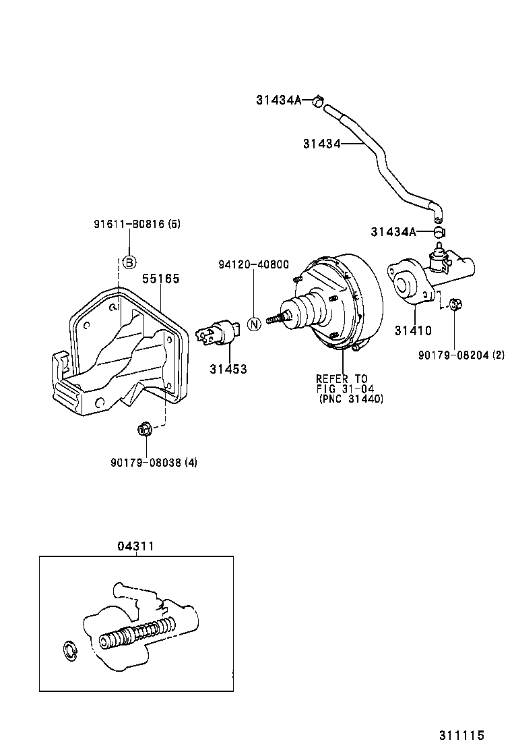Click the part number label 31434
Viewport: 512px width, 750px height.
(x=321, y=143)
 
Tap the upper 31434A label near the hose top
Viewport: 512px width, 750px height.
(x=278, y=100)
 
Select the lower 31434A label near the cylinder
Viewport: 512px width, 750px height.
(x=393, y=232)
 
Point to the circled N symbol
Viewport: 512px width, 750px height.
(x=254, y=324)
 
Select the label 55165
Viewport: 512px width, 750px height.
(x=160, y=279)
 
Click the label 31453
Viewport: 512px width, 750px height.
(x=228, y=369)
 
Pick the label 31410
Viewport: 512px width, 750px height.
(x=413, y=330)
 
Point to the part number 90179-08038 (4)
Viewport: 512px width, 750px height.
(x=154, y=462)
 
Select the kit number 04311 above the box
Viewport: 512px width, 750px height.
(x=135, y=546)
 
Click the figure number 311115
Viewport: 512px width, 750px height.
(x=461, y=736)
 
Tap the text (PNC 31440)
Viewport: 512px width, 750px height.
(x=351, y=399)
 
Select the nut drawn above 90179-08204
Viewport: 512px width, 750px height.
(x=454, y=306)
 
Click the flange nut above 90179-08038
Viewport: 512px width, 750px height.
(x=144, y=428)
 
